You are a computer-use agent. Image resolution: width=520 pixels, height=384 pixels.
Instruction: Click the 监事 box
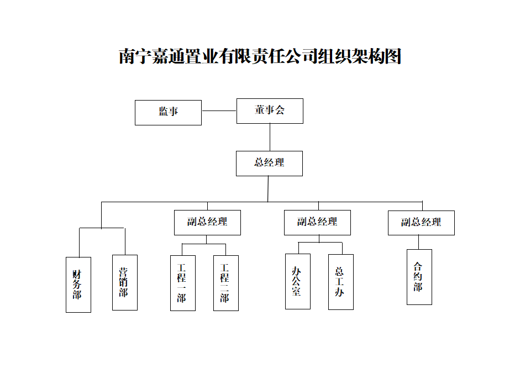pyautogui.click(x=168, y=112)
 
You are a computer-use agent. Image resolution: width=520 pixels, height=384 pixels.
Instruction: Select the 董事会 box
pyautogui.click(x=270, y=111)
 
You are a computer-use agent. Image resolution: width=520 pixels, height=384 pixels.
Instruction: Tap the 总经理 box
pyautogui.click(x=269, y=163)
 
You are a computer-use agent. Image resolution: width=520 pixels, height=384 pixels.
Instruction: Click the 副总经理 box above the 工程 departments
pyautogui.click(x=207, y=222)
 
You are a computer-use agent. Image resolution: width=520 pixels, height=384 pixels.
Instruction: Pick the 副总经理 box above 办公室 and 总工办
pyautogui.click(x=317, y=222)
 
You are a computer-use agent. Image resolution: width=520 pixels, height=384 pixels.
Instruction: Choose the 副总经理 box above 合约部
pyautogui.click(x=421, y=223)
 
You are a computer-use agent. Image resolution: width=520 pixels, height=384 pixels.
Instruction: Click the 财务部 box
pyautogui.click(x=78, y=285)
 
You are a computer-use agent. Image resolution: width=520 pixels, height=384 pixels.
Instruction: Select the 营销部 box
pyautogui.click(x=124, y=282)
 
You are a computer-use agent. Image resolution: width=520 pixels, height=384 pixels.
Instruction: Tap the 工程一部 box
pyautogui.click(x=182, y=283)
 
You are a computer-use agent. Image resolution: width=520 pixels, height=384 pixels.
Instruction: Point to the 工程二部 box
pyautogui.click(x=225, y=283)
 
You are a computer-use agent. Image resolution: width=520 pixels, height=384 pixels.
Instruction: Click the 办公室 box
pyautogui.click(x=297, y=281)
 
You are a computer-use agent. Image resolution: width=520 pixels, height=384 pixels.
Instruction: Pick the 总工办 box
pyautogui.click(x=340, y=282)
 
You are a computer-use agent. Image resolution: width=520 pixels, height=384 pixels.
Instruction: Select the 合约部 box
pyautogui.click(x=419, y=277)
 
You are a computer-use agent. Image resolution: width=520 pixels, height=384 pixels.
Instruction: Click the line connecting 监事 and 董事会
pyautogui.click(x=219, y=111)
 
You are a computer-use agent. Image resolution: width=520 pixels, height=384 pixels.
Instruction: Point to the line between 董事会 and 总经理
pyautogui.click(x=270, y=137)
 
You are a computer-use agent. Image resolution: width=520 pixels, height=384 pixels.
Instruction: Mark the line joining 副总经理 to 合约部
pyautogui.click(x=419, y=242)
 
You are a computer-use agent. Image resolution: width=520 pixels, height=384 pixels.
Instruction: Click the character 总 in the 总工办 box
pyautogui.click(x=340, y=272)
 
